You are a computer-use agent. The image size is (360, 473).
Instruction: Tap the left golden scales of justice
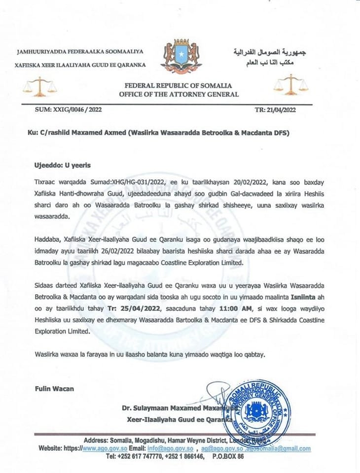[40, 87]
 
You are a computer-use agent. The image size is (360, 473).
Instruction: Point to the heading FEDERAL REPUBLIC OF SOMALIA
[181, 86]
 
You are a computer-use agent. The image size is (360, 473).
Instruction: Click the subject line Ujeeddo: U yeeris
[63, 165]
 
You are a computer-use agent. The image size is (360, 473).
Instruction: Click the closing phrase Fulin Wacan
[54, 389]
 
